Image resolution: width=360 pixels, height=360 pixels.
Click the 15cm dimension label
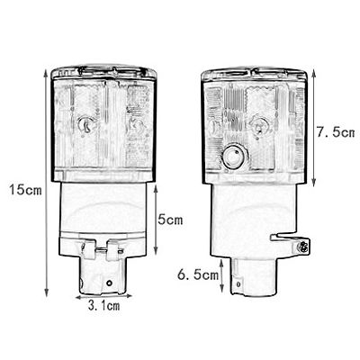[x=25, y=190]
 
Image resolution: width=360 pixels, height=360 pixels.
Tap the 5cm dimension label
[x=170, y=220]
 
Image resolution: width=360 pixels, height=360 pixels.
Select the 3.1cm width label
[x=103, y=306]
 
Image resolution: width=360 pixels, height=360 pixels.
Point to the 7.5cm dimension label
[x=336, y=131]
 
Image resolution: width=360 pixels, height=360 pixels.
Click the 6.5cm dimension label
[x=198, y=274]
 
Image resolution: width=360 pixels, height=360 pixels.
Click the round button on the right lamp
[x=234, y=156]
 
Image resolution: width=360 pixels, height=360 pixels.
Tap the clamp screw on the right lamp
[x=302, y=247]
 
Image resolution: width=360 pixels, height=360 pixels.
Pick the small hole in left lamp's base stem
[x=109, y=283]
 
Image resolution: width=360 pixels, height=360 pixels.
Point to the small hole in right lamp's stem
[x=238, y=283]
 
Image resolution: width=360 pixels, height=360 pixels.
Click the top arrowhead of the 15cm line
[x=46, y=73]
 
